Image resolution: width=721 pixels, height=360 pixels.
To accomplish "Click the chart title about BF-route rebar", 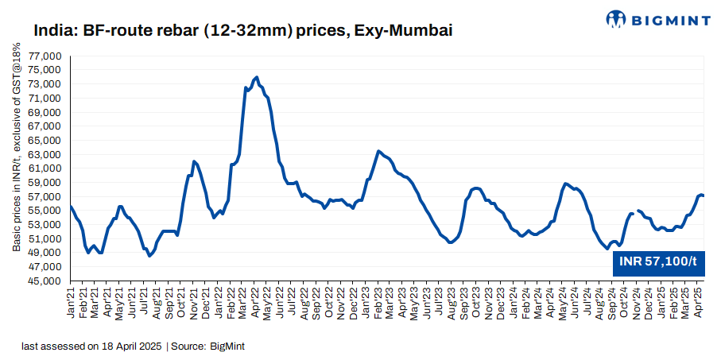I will [243, 31].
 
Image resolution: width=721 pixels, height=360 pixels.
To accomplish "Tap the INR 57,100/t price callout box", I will [658, 261].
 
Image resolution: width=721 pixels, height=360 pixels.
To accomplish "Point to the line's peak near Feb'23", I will [378, 151].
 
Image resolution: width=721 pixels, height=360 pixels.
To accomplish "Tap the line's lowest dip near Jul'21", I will [149, 256].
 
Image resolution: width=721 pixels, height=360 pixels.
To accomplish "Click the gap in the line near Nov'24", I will [635, 212].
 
